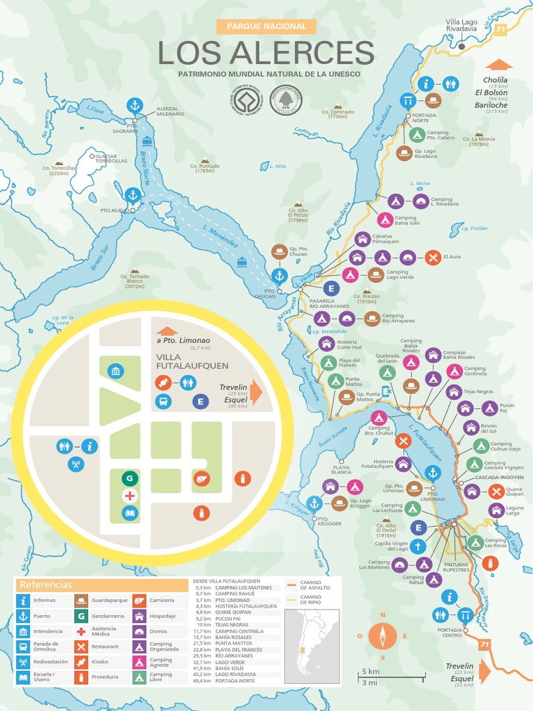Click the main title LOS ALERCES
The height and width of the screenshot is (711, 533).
pos(266,53)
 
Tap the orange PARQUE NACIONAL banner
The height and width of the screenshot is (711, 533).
pos(266,26)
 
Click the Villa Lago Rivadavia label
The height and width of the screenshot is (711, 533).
pos(462,25)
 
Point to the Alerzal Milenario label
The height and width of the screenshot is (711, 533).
pos(171,111)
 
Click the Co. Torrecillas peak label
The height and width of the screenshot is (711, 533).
pos(59,169)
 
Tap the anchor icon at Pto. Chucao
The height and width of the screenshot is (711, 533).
pos(279,276)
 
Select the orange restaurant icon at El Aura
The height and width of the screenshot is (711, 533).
pos(433,257)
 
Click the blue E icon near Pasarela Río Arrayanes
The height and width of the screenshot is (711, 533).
pos(330,288)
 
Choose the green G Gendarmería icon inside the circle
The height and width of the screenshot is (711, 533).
pos(129,478)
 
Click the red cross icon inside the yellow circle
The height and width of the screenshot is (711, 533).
pos(129,496)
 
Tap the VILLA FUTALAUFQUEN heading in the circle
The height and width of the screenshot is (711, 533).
pos(192,361)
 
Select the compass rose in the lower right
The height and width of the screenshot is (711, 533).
pos(382,635)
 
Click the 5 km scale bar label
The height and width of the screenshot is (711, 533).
pos(369,671)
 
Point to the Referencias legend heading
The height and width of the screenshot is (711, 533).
pos(46,585)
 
